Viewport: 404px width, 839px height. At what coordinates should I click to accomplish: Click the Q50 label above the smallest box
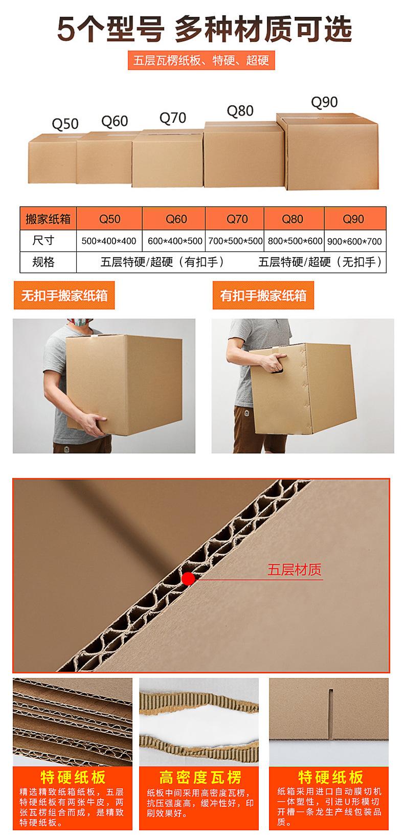[x=65, y=124]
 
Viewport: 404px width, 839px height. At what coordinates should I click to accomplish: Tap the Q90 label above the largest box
[x=324, y=102]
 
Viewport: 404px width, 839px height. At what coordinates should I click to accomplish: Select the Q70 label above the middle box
[x=173, y=118]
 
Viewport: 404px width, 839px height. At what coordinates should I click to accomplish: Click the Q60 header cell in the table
[x=176, y=219]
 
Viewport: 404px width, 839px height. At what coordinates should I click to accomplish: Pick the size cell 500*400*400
[x=109, y=241]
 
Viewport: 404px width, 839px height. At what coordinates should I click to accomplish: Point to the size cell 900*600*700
[x=354, y=241]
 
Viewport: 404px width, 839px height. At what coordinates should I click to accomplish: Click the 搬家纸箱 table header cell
[x=48, y=219]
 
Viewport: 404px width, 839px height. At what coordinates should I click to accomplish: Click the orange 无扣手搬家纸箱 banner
[x=64, y=296]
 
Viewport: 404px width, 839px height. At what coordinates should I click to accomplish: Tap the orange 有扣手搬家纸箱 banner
[x=263, y=296]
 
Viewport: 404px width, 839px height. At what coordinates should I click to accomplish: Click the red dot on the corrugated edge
[x=189, y=578]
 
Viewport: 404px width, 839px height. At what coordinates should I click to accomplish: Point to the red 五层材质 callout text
[x=295, y=570]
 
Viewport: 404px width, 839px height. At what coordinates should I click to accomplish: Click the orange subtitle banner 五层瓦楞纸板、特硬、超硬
[x=201, y=60]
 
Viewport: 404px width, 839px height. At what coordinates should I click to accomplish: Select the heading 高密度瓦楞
[x=200, y=778]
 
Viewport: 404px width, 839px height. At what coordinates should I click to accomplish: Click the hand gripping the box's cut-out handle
[x=270, y=364]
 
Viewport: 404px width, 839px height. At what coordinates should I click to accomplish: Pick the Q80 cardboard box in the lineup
[x=243, y=155]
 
